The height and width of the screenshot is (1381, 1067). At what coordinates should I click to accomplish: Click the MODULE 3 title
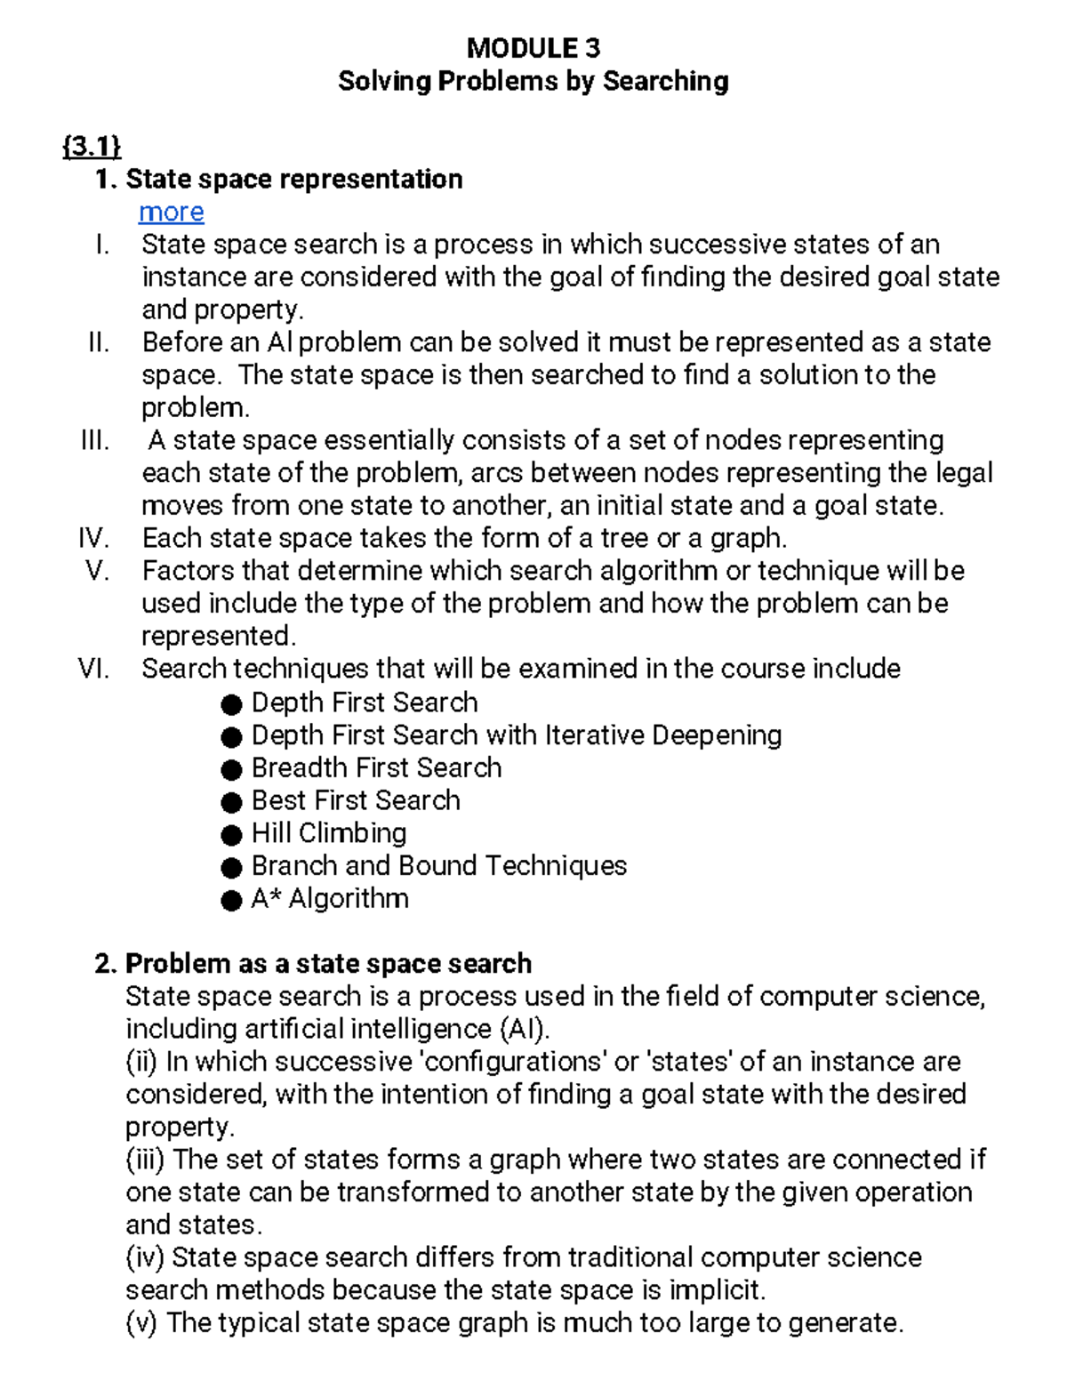(533, 47)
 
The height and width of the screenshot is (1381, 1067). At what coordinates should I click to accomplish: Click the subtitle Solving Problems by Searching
(533, 81)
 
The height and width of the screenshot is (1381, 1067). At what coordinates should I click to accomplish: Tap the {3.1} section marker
(92, 146)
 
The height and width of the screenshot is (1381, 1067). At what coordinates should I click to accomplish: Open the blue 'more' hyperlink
(172, 212)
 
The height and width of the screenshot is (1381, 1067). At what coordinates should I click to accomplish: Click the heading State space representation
(293, 179)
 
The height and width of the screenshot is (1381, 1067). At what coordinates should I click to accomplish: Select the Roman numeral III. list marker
(94, 440)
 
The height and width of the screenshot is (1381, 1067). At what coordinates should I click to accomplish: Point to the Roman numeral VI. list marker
(93, 669)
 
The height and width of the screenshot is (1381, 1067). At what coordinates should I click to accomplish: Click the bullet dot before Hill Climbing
(231, 835)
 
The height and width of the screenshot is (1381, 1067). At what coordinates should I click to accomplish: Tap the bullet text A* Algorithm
(330, 898)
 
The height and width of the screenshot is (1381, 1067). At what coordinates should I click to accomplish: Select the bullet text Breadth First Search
(376, 767)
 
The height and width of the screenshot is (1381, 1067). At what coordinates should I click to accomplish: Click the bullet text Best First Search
(356, 800)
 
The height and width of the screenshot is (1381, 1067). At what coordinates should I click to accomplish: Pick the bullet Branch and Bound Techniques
(439, 865)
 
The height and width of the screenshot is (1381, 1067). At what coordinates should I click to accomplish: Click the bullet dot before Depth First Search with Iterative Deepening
(231, 737)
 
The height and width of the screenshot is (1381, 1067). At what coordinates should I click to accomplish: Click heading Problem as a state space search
(328, 963)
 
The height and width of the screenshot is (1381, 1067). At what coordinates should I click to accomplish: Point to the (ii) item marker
(141, 1062)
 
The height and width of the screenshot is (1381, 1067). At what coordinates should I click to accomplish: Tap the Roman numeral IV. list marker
(93, 538)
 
